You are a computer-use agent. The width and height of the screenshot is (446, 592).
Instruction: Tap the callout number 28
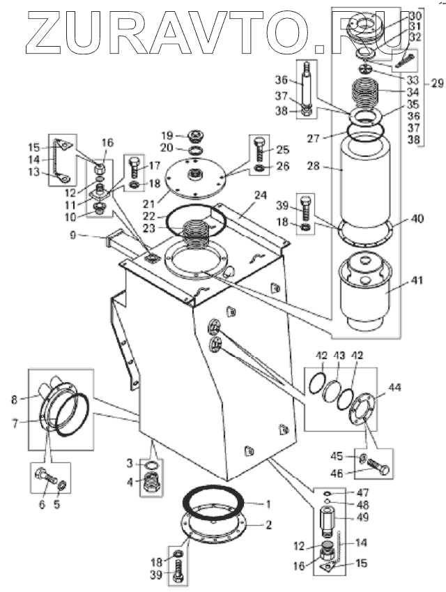pos(314,166)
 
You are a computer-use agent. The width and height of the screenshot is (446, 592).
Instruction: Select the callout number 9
pos(73,235)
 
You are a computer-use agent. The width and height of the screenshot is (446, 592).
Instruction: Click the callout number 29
pos(437,83)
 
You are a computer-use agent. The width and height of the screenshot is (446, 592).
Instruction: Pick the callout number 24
pos(260,195)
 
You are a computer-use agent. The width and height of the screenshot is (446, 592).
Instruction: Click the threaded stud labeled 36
pos(307,89)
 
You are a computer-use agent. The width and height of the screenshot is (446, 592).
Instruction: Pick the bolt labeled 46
pos(378,466)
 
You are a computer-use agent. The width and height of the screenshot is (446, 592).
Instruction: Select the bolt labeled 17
pos(135,168)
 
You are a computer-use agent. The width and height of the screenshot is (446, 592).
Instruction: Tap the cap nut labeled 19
pos(194,135)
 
